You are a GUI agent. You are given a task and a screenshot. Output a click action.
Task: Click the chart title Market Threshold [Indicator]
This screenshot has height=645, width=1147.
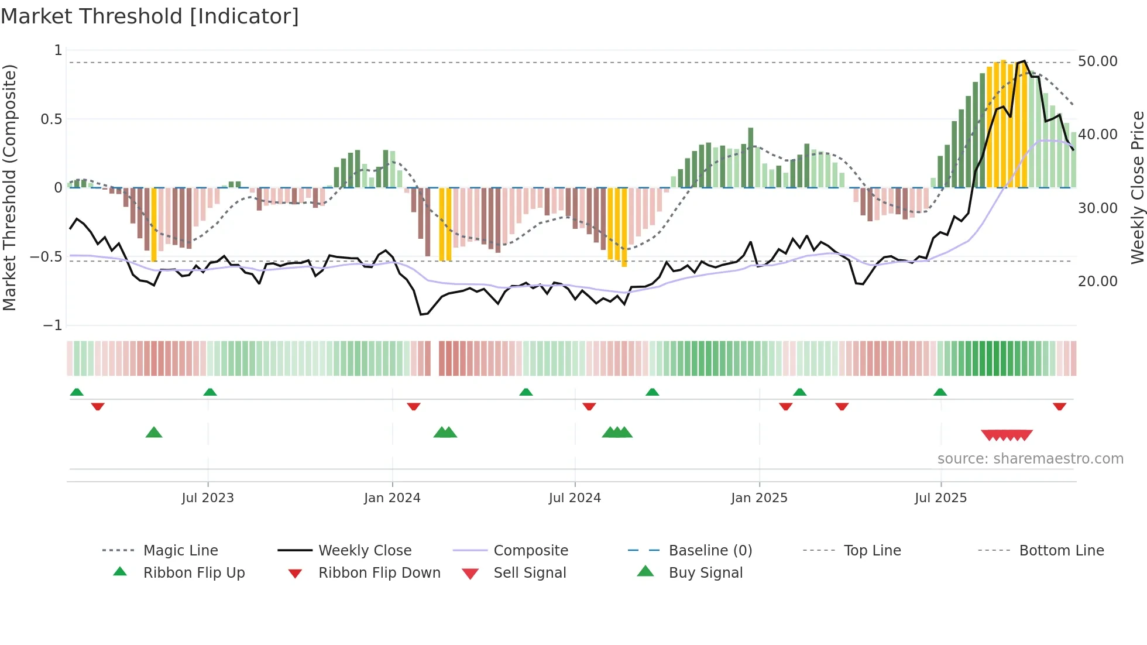tap(150, 16)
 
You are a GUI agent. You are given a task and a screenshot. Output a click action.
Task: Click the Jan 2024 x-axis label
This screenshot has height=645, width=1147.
tap(392, 498)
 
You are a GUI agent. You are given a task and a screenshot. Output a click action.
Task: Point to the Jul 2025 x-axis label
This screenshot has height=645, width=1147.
tap(940, 498)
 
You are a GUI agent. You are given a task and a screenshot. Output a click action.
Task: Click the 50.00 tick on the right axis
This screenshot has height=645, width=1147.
tap(1097, 61)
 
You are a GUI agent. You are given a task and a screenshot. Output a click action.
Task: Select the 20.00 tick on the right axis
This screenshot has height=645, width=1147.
tap(1097, 282)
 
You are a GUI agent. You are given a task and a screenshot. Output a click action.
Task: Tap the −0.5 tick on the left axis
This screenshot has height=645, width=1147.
tap(46, 257)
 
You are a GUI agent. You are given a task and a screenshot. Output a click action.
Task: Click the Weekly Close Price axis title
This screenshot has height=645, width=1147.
tap(1136, 187)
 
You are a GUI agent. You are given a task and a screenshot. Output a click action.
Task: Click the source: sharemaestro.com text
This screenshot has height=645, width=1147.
tap(1030, 459)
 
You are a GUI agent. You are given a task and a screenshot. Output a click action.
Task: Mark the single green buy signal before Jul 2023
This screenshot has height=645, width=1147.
tap(154, 433)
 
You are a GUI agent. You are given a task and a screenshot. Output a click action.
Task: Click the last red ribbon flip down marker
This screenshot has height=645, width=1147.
tap(1059, 406)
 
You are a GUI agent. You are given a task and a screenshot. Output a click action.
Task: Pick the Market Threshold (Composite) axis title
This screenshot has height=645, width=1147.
tap(9, 187)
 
